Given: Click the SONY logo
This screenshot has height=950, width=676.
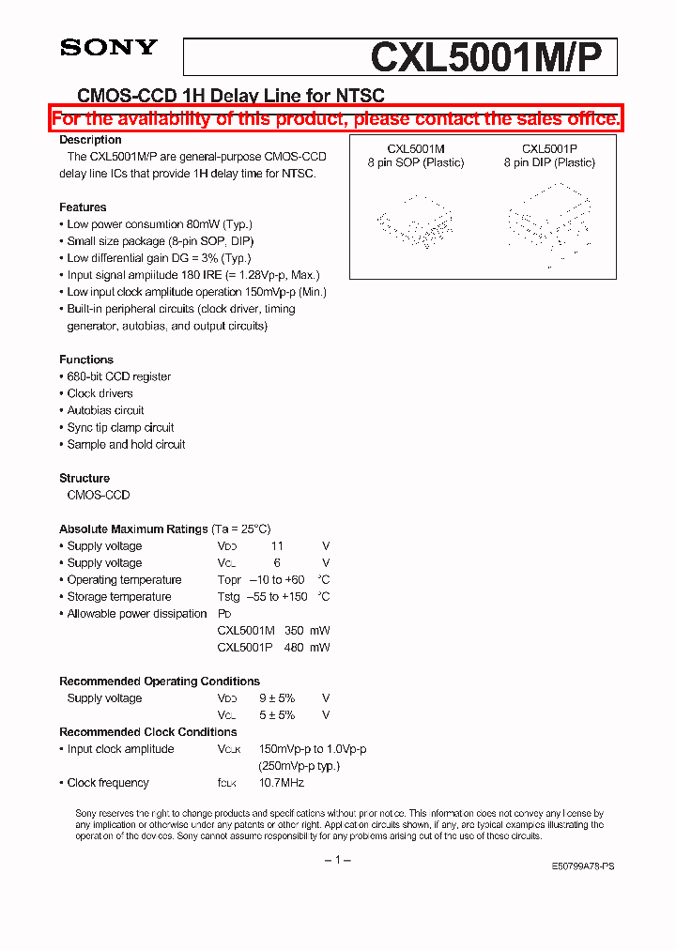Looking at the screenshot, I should point(109,48).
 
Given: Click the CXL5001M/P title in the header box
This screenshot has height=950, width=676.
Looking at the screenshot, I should point(493,57).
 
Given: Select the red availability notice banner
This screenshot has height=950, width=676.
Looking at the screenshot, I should point(336,118).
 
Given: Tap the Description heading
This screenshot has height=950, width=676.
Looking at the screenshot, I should point(90,140).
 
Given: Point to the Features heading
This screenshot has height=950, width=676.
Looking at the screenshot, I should point(83,207).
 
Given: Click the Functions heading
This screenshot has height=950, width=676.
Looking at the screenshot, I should point(86,360).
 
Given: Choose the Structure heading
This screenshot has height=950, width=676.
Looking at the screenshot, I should point(84,478).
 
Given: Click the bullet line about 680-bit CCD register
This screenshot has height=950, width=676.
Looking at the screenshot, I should point(118,376).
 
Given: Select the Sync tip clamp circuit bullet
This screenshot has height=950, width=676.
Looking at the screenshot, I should point(120,427).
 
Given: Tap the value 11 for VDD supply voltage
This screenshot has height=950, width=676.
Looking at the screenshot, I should point(277,546).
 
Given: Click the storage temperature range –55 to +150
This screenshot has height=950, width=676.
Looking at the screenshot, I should point(277,597).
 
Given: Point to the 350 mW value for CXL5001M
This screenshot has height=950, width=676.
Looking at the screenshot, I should point(307,631).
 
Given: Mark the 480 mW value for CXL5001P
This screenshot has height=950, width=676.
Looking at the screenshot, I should point(307,648).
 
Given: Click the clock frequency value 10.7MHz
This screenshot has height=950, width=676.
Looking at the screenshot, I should point(282,783).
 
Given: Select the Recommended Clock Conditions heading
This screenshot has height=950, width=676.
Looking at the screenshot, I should point(148,732).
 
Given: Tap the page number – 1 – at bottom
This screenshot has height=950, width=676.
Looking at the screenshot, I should point(337,861).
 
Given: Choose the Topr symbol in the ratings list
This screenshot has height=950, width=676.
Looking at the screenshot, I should point(229,580).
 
